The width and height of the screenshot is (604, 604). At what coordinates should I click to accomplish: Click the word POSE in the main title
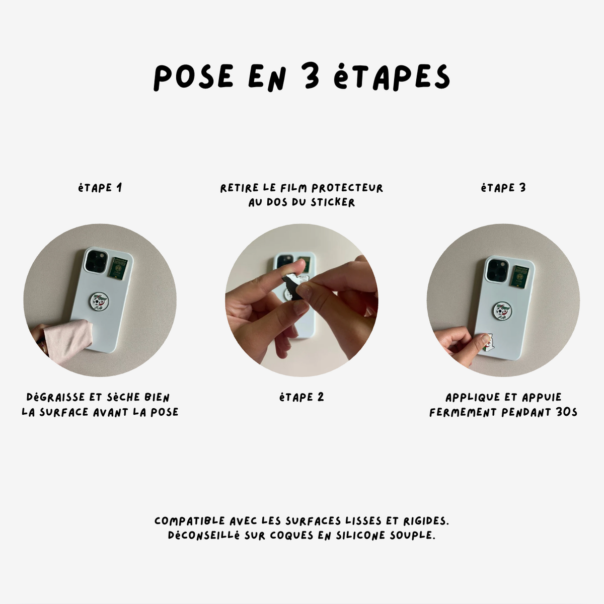click(x=193, y=78)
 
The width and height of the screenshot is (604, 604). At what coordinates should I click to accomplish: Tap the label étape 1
click(x=100, y=188)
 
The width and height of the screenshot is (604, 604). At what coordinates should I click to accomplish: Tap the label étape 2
click(x=301, y=397)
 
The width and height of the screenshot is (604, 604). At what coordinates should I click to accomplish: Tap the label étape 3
click(x=503, y=188)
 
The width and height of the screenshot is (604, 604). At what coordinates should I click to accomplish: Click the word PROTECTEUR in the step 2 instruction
click(x=347, y=188)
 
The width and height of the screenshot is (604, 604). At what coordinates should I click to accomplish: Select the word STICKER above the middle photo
click(x=333, y=202)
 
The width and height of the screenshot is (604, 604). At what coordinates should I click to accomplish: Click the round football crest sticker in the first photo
click(x=99, y=301)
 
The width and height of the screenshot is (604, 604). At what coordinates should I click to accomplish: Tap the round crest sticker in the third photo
click(x=503, y=311)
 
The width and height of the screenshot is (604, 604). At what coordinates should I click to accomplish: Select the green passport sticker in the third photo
click(x=519, y=276)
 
